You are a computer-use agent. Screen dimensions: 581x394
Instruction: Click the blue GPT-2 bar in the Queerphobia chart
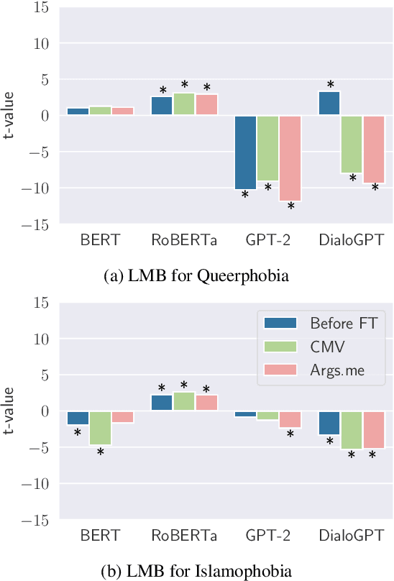[x=245, y=152]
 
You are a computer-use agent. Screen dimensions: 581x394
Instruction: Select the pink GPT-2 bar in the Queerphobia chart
[x=290, y=157]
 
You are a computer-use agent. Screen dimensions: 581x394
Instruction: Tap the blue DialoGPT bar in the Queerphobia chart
[x=330, y=104]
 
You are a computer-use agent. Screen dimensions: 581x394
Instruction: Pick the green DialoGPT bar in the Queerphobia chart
[x=352, y=144]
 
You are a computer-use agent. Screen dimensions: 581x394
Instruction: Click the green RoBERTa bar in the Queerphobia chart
[x=184, y=104]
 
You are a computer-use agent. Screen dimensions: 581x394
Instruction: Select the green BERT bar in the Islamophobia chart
[x=100, y=428]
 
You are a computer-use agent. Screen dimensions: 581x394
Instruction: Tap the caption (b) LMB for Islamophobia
[x=197, y=571]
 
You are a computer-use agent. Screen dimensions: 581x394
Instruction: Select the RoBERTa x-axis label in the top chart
[x=184, y=239]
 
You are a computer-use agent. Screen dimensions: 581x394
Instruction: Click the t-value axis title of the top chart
[x=10, y=115]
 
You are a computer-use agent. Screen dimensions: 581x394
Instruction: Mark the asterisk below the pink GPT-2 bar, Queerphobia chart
[x=290, y=207]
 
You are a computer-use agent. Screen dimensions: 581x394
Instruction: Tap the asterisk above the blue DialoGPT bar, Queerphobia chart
[x=330, y=85]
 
